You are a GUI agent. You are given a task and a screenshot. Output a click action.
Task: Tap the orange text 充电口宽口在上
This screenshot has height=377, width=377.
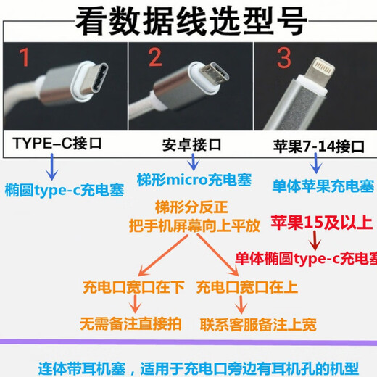coord(247,287)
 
